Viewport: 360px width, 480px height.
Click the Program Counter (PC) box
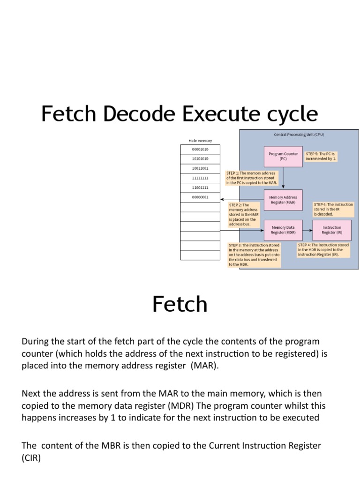pyautogui.click(x=283, y=156)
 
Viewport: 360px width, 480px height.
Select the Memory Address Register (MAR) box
pyautogui.click(x=283, y=200)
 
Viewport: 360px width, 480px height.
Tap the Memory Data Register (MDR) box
pyautogui.click(x=283, y=230)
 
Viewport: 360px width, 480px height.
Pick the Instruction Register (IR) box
pyautogui.click(x=332, y=230)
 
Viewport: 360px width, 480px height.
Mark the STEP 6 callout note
pyautogui.click(x=333, y=209)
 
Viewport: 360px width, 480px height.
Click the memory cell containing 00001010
pyautogui.click(x=200, y=149)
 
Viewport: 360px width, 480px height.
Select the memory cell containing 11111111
pyautogui.click(x=200, y=178)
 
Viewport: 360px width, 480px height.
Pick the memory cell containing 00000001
pyautogui.click(x=200, y=197)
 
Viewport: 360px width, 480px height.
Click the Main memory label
pyautogui.click(x=200, y=140)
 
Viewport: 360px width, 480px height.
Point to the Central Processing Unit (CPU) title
pyautogui.click(x=299, y=135)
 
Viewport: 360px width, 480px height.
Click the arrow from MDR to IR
pyautogui.click(x=307, y=230)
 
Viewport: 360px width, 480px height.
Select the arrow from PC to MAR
pyautogui.click(x=283, y=178)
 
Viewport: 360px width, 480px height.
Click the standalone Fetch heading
pyautogui.click(x=180, y=305)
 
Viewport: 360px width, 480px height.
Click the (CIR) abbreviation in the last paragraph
pyautogui.click(x=31, y=458)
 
